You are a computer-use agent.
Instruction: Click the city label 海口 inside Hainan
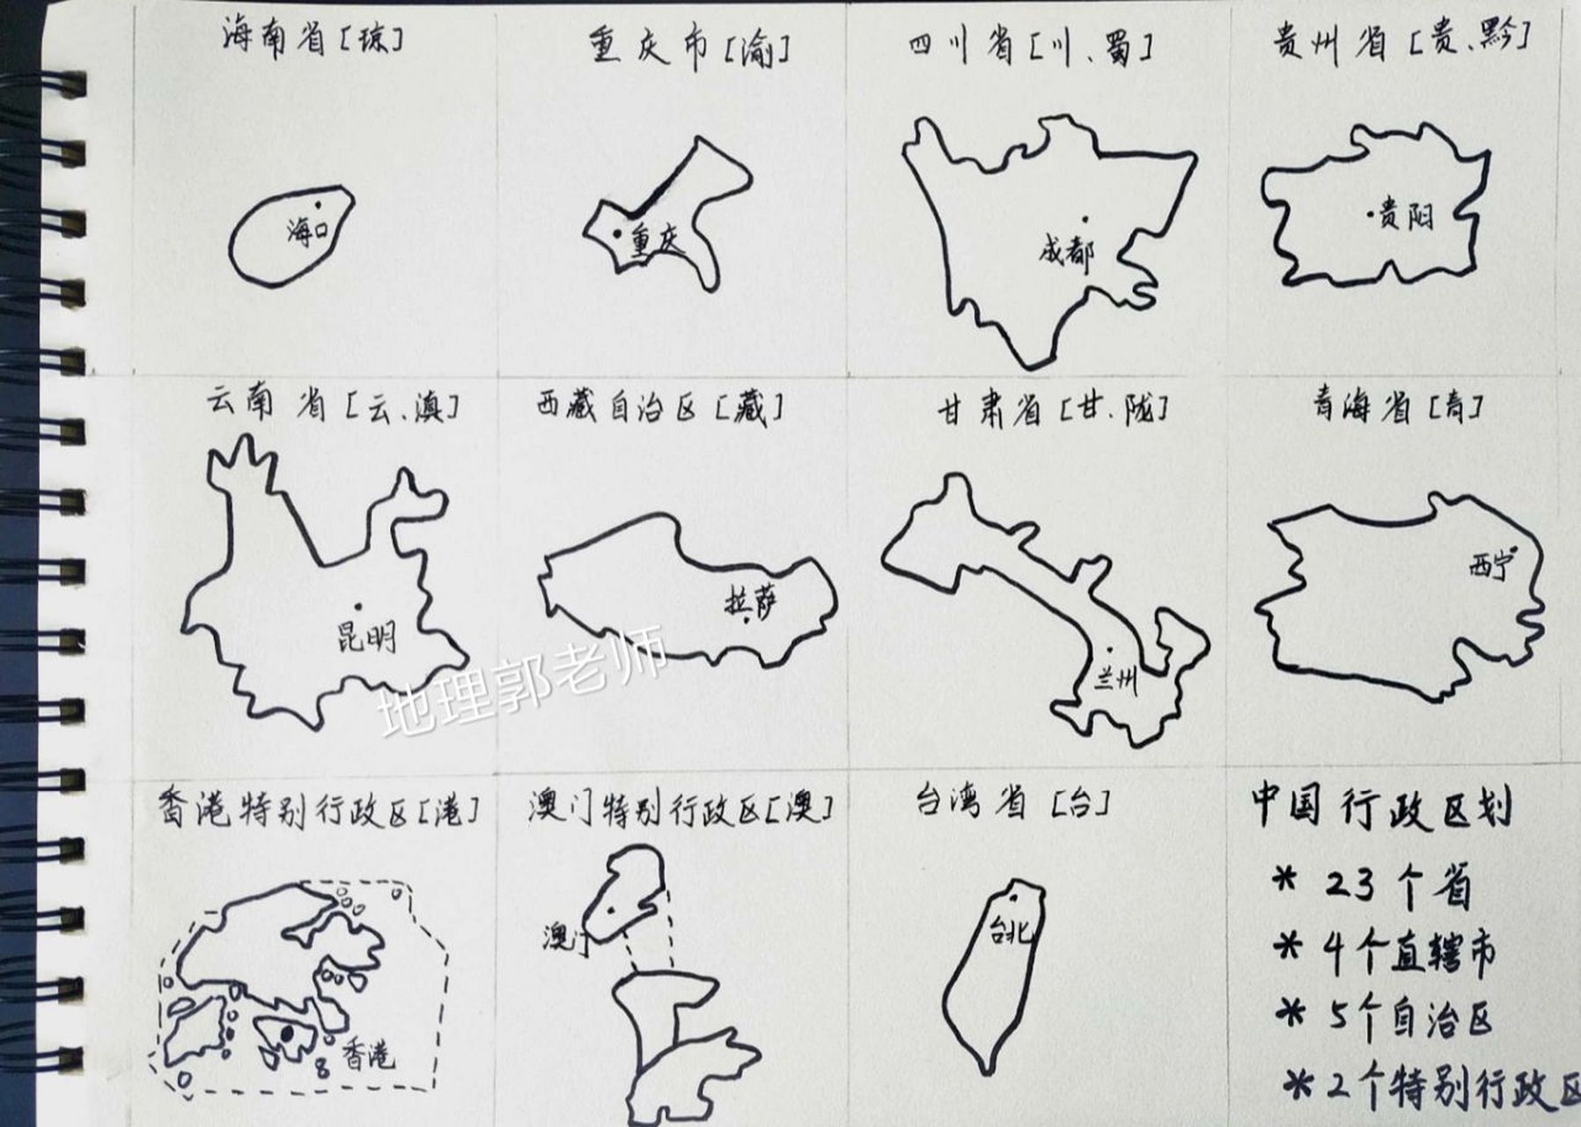point(307,231)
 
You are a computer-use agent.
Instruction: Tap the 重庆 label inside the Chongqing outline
point(658,242)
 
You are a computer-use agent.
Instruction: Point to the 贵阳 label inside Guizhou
point(1406,216)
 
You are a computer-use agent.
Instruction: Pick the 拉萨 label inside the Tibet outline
point(751,602)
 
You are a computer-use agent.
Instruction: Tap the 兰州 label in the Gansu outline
point(1115,680)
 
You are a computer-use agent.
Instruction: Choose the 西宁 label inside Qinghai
point(1489,565)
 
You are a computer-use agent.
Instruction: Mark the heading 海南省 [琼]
point(313,40)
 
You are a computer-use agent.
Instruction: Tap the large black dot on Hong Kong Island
point(287,1033)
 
